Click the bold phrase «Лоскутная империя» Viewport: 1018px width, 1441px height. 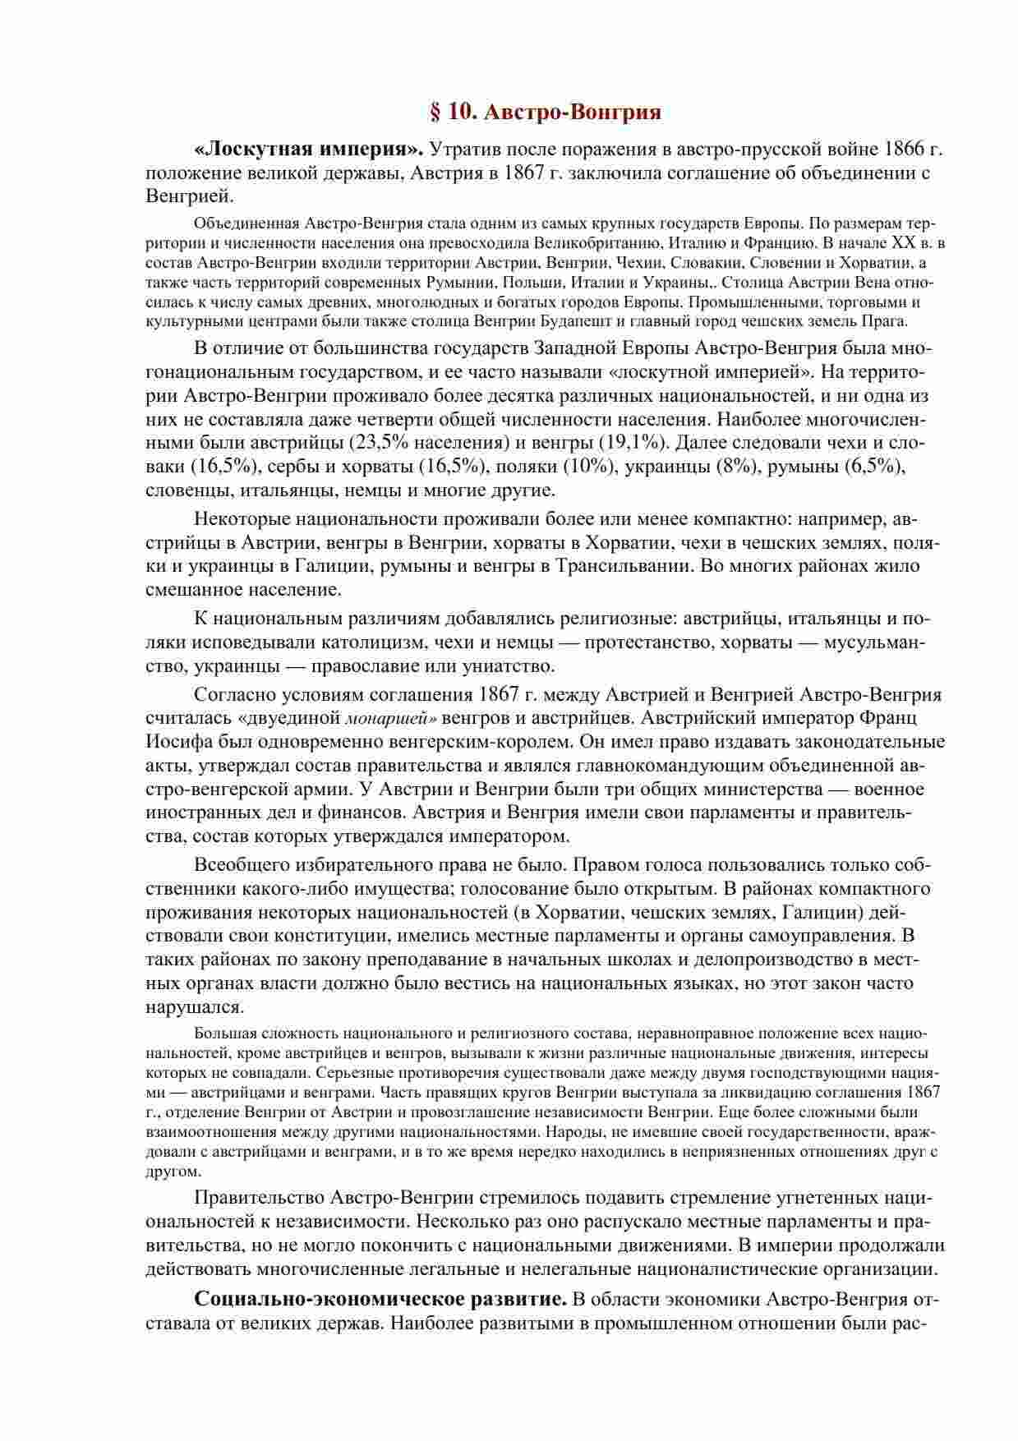pos(309,150)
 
